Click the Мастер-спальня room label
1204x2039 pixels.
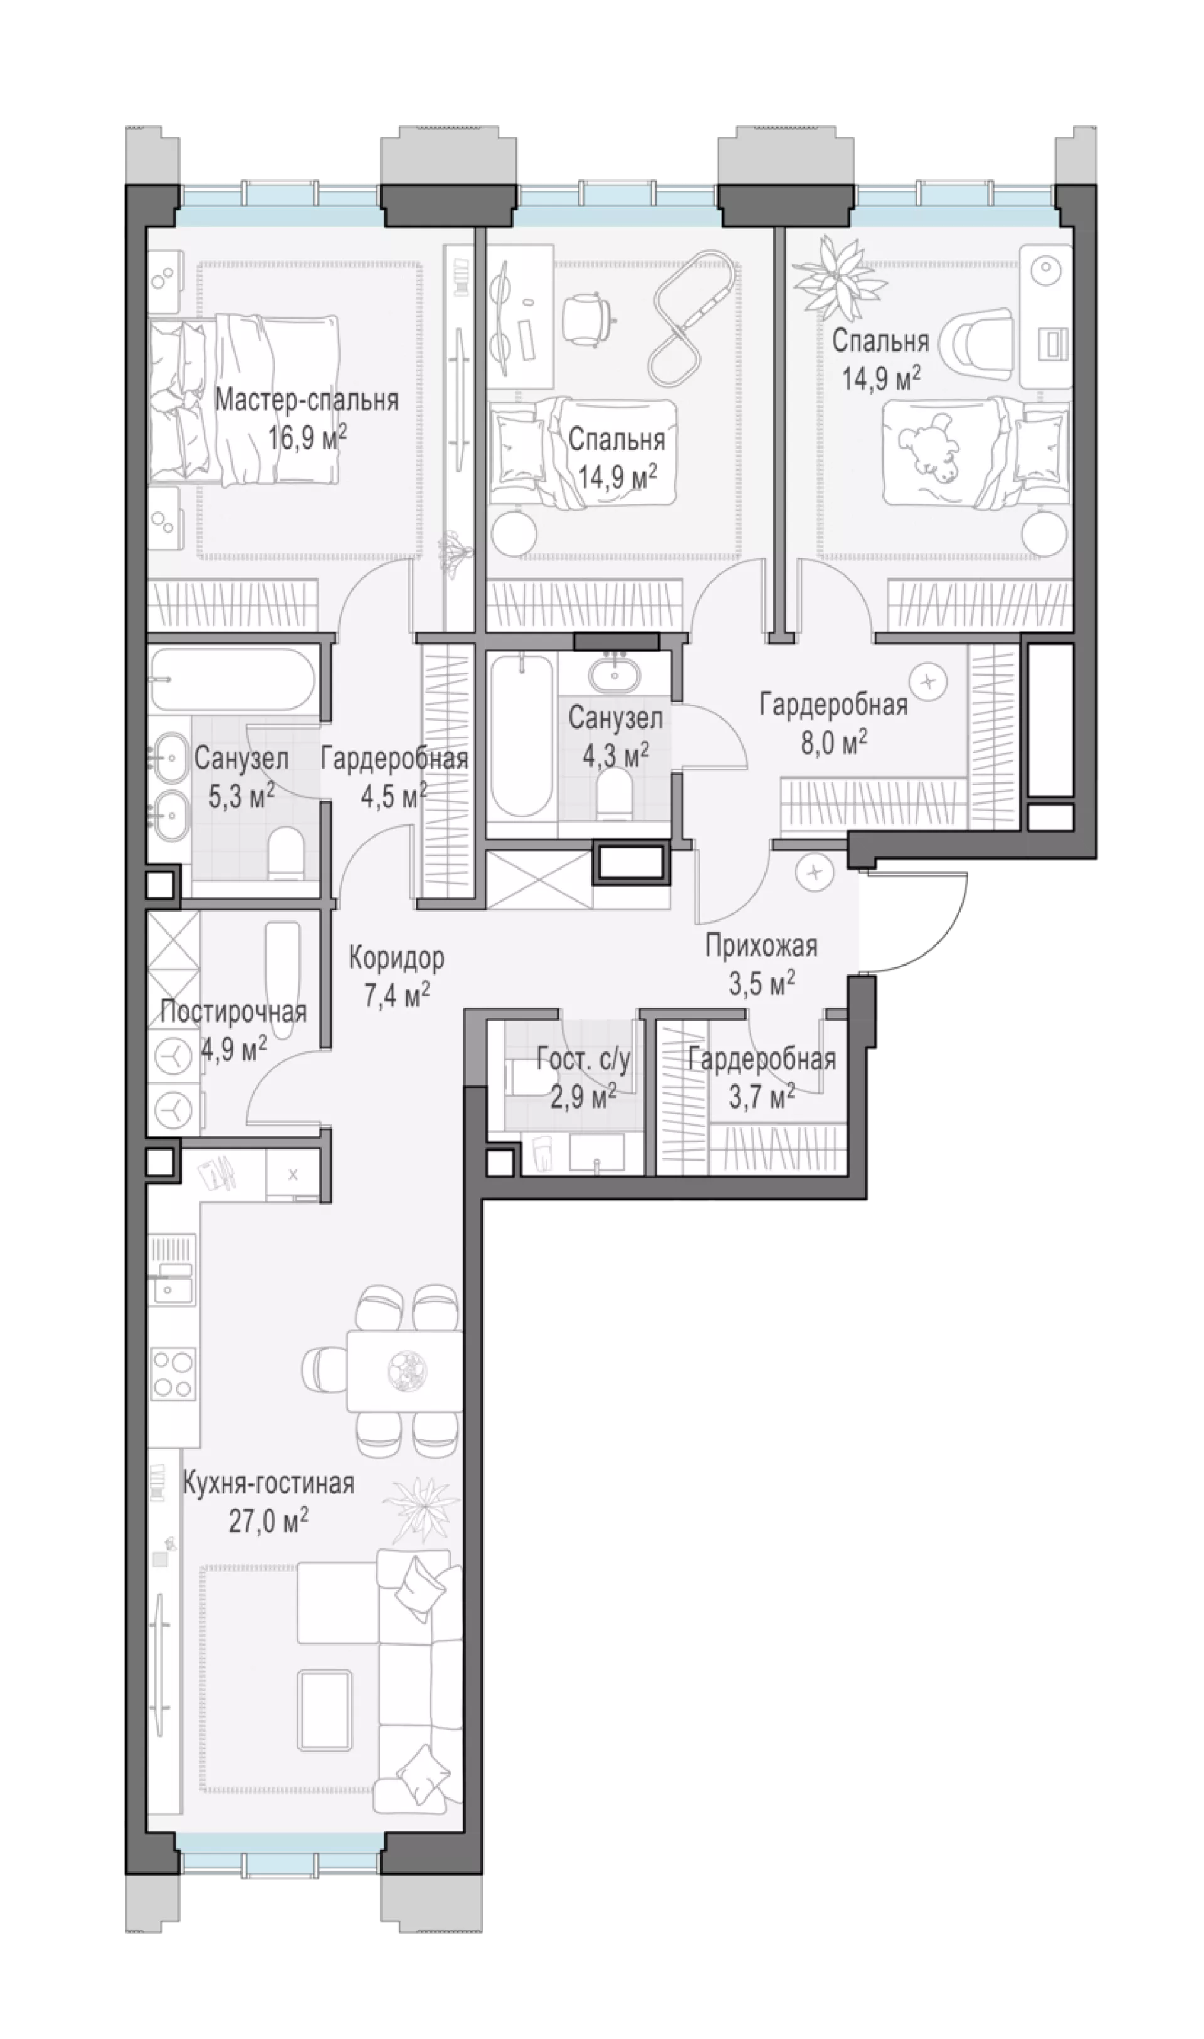(307, 400)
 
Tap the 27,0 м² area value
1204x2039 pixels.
(268, 1520)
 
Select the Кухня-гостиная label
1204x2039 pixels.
(268, 1483)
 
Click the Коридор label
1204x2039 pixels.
(397, 959)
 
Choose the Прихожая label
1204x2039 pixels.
(761, 945)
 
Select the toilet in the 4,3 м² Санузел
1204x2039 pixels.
(613, 792)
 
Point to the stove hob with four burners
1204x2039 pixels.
(174, 1373)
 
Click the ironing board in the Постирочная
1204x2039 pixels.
(282, 979)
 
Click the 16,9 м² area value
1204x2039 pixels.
(307, 439)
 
